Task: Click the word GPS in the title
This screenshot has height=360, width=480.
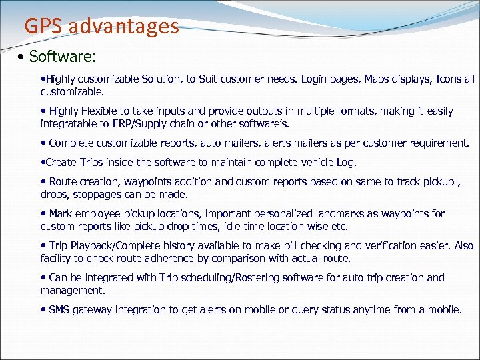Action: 43,26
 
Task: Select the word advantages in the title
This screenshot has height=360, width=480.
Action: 123,26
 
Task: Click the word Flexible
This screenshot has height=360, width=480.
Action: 103,111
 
